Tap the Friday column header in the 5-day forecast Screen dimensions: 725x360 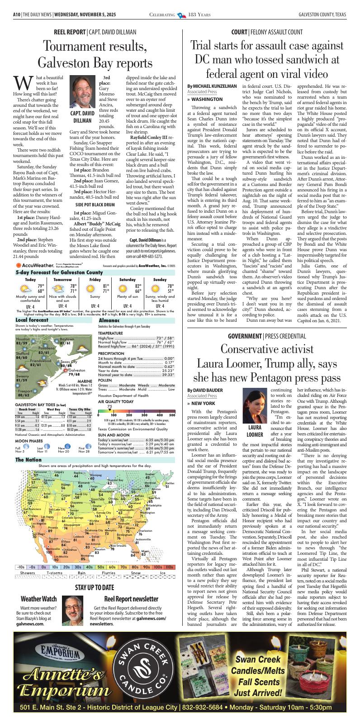pyautogui.click(x=95, y=280)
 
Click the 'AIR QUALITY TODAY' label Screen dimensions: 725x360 pyautogui.click(x=116, y=401)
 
